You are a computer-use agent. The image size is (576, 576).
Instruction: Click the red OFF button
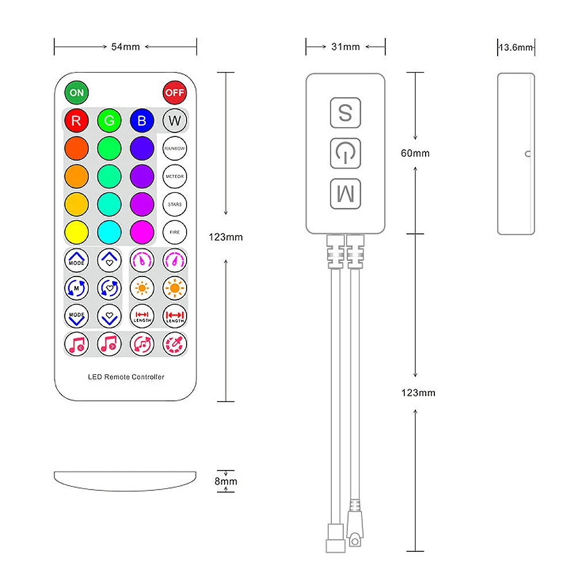click(175, 92)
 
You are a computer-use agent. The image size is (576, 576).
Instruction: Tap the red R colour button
click(76, 120)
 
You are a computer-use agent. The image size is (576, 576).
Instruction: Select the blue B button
click(142, 120)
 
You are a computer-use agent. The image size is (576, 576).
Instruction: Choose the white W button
click(175, 120)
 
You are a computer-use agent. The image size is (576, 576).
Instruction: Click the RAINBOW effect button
click(175, 148)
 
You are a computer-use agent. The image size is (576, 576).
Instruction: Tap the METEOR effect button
click(175, 176)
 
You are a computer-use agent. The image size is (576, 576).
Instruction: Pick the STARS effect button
click(175, 204)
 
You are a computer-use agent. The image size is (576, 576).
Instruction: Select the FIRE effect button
click(175, 232)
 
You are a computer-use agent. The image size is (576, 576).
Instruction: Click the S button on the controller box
click(345, 113)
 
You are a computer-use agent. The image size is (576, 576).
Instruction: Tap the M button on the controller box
click(345, 194)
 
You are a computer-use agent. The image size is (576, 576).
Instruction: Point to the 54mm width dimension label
click(126, 47)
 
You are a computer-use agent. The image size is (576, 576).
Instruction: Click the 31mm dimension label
click(346, 47)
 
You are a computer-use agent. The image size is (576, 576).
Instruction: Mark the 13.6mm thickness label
click(516, 47)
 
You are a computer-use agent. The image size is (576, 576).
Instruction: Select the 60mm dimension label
click(415, 153)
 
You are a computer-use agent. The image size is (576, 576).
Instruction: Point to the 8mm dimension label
click(226, 482)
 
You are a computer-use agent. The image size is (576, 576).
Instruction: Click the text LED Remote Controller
click(126, 377)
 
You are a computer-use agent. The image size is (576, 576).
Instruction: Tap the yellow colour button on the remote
click(76, 232)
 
